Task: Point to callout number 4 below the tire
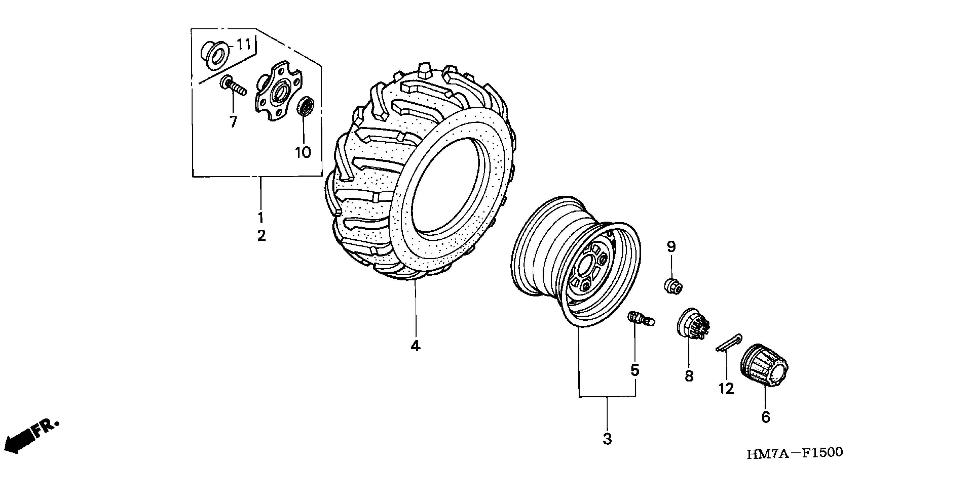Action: pyautogui.click(x=415, y=346)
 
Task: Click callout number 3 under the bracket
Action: pyautogui.click(x=607, y=439)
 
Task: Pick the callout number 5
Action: pyautogui.click(x=635, y=370)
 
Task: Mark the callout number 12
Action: pyautogui.click(x=726, y=388)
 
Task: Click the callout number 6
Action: pyautogui.click(x=765, y=417)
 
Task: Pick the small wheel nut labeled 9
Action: pyautogui.click(x=673, y=285)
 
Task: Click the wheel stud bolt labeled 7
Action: pyautogui.click(x=233, y=86)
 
